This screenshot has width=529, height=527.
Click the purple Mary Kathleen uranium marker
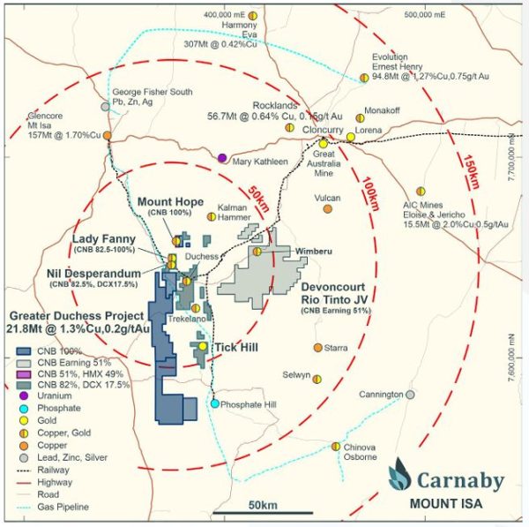[222, 158]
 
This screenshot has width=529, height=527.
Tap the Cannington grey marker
[410, 394]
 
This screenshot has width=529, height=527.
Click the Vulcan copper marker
[328, 210]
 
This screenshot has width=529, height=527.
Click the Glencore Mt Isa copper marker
[106, 135]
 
